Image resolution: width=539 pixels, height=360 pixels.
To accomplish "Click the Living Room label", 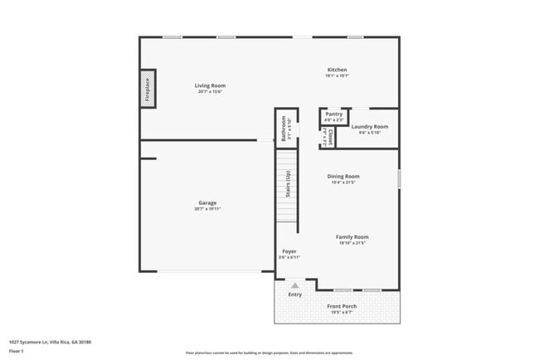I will coord(210,85).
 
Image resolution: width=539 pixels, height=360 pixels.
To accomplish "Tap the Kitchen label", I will coord(337,70).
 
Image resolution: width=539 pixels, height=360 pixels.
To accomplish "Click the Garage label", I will coord(207,202).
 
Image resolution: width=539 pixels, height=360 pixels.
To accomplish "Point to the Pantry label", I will coord(333,114).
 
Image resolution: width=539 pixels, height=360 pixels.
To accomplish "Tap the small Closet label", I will coord(331,137).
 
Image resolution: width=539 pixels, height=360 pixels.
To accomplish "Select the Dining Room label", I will coord(342,176).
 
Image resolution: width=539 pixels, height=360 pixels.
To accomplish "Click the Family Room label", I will coord(352,236).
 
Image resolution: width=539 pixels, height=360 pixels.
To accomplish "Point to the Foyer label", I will coord(289,251).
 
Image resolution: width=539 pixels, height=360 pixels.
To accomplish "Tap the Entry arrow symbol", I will coord(294,285).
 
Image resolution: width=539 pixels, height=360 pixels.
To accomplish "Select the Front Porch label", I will coord(342,306).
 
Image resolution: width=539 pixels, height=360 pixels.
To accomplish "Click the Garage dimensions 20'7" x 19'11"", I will coord(208,209).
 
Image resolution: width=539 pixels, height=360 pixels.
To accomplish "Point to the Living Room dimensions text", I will coord(210,92).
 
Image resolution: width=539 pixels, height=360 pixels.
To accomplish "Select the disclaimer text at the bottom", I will coord(268,352).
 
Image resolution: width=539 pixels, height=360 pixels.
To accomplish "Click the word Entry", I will coord(294,294).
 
